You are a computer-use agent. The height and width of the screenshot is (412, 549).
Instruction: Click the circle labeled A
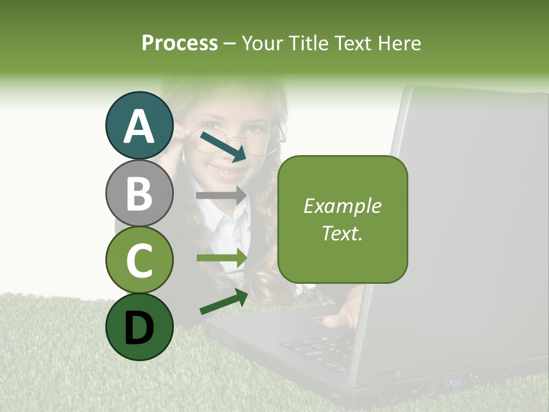(x=139, y=125)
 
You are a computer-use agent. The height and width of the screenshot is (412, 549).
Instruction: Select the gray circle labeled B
(x=139, y=193)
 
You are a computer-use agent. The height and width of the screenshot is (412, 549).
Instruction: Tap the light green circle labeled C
(x=139, y=260)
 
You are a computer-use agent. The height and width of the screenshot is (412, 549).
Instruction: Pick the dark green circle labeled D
(x=139, y=327)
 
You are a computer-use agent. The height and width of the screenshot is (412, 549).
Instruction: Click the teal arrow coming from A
(x=223, y=145)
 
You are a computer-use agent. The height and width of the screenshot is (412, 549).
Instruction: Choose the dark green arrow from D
(x=224, y=302)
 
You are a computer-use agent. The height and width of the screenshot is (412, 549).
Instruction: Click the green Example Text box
(x=343, y=219)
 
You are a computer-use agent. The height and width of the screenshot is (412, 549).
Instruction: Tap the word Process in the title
(x=180, y=43)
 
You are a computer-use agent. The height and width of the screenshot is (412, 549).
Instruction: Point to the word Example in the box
(x=343, y=206)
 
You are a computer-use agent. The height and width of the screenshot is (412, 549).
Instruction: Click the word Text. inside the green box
(x=343, y=233)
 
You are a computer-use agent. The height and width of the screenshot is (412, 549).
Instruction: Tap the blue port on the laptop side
(x=456, y=382)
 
